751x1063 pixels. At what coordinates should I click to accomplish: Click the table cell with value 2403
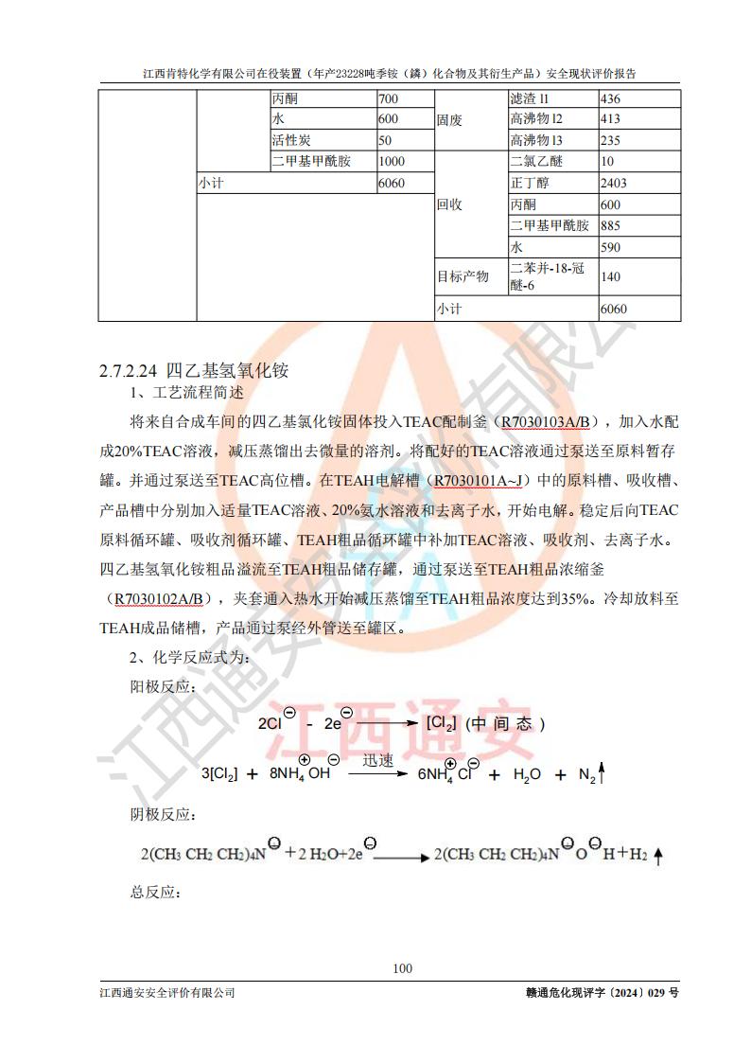[615, 183]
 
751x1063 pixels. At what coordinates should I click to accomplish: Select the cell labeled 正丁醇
[529, 183]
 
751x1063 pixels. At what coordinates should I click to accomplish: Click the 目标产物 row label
[463, 276]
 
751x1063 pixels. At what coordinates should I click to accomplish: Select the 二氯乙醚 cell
[534, 161]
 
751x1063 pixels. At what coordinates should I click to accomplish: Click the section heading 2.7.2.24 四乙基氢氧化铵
[194, 371]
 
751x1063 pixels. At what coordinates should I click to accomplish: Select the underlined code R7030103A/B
[548, 421]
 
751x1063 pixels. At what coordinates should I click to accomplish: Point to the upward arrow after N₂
[602, 775]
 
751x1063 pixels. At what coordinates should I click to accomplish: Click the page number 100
[402, 967]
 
